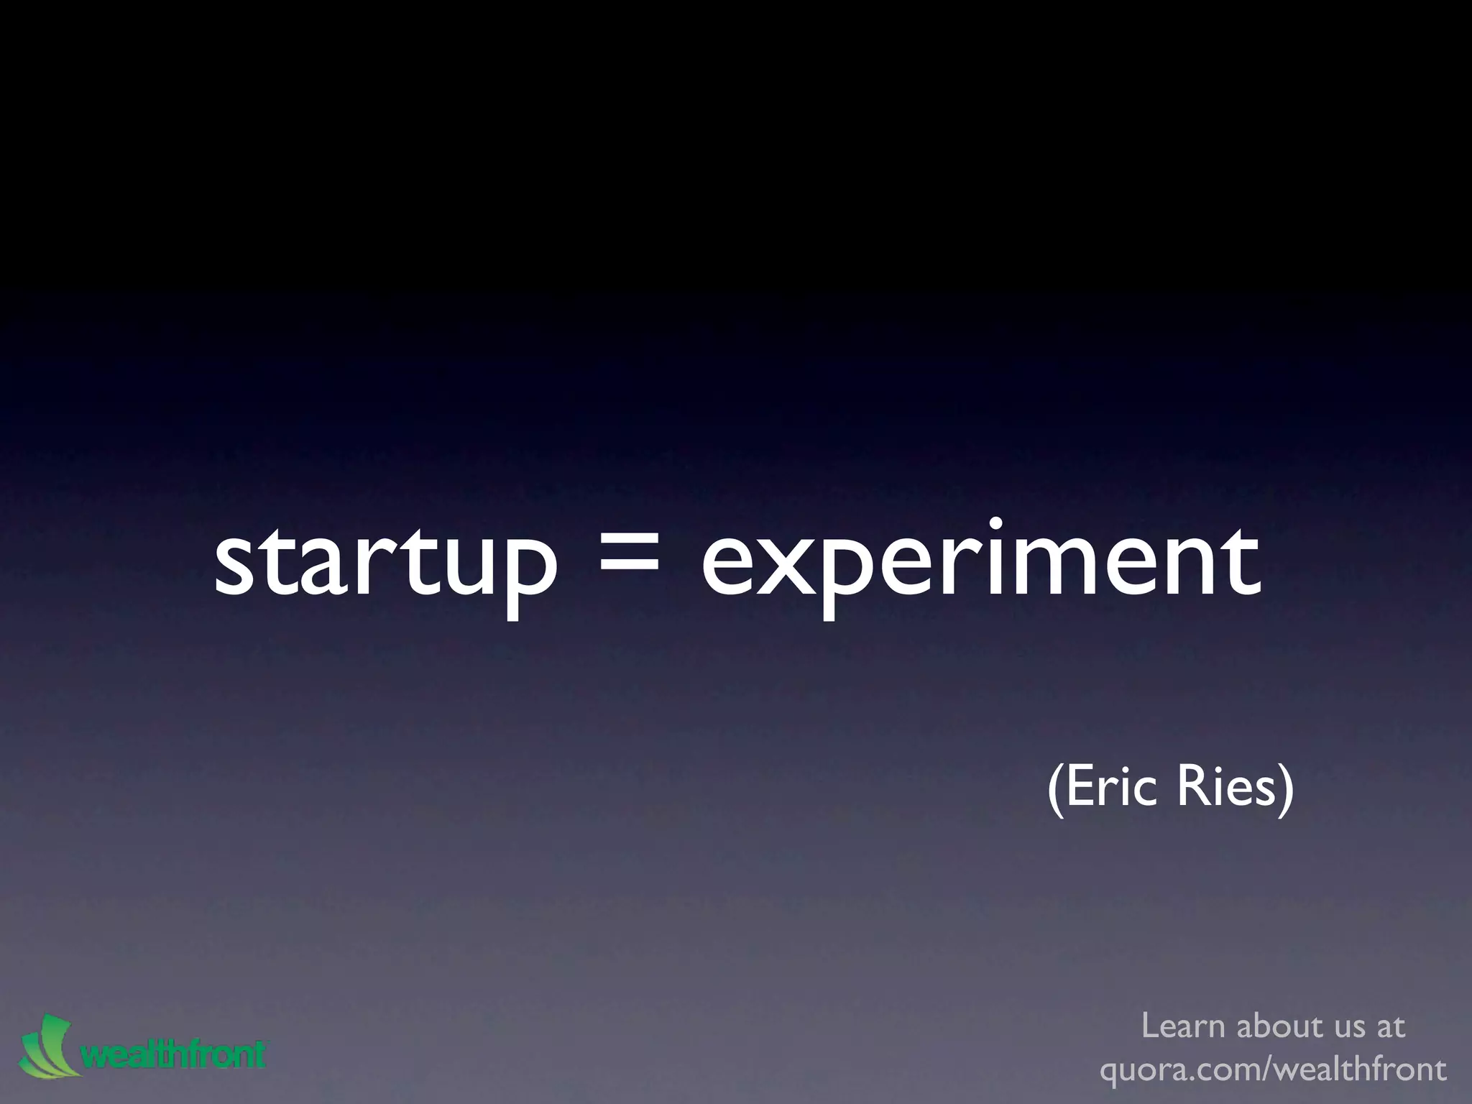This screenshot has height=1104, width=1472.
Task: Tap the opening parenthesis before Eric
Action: point(1054,790)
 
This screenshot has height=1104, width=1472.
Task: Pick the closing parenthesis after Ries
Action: point(1285,790)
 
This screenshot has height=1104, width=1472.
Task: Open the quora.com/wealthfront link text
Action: point(1273,1069)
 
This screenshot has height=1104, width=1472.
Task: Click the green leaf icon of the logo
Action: point(45,1046)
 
